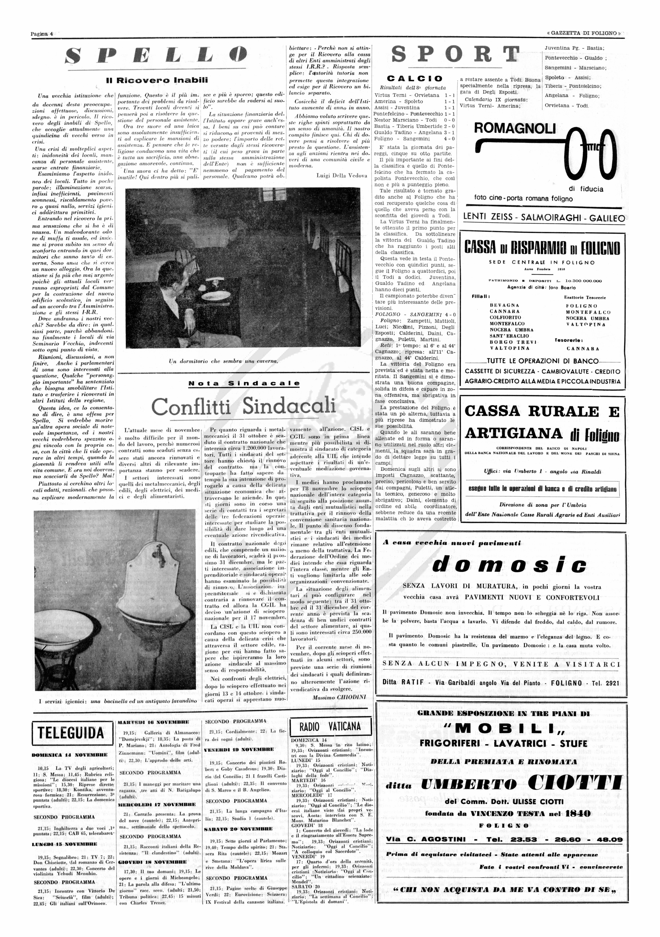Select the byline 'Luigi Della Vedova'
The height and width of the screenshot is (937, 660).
[342, 176]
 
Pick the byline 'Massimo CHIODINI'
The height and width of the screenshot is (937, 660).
[338, 697]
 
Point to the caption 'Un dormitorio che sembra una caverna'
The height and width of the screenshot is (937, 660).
[224, 361]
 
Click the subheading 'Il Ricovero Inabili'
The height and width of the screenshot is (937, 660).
[157, 80]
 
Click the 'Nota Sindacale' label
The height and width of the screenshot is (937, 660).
[244, 383]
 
